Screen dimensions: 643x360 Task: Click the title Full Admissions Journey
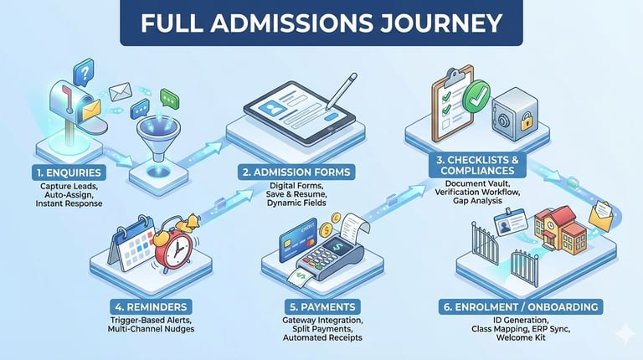[x=321, y=23]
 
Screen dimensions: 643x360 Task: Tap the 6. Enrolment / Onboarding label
[x=520, y=307]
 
